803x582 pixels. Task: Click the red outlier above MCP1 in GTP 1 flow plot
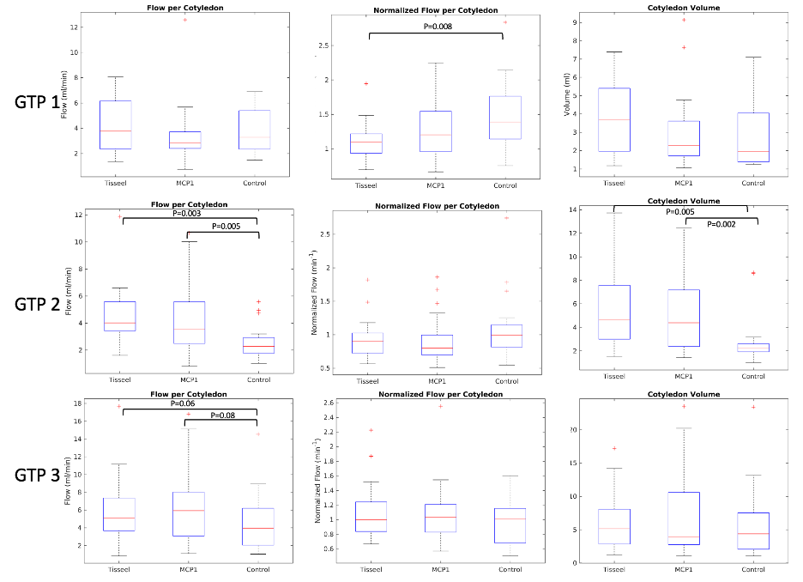184,20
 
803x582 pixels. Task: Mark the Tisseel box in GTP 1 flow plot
115,124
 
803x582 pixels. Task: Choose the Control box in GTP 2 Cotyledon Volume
752,347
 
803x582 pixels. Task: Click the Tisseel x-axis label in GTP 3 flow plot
115,570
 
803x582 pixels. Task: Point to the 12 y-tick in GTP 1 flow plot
75,27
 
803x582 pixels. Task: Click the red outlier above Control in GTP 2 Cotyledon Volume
752,273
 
